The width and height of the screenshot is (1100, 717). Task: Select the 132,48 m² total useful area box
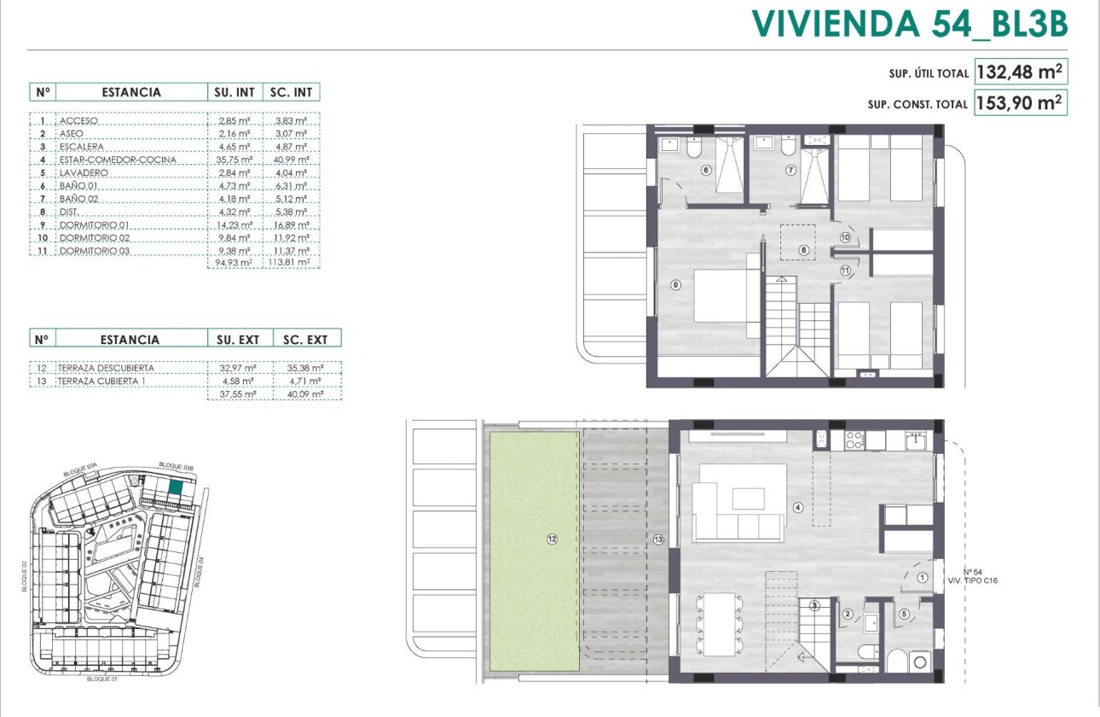1021,72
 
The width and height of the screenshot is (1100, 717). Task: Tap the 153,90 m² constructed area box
1021,103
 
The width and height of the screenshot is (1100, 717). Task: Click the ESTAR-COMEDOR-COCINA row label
118,160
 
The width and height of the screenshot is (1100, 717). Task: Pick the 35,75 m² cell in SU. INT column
234,160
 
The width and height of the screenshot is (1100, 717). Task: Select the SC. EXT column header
305,339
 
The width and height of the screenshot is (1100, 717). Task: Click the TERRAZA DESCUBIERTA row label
108,368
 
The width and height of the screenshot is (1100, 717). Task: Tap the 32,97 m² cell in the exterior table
234,368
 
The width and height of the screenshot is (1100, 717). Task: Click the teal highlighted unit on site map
176,488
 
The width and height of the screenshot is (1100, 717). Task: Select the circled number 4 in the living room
798,507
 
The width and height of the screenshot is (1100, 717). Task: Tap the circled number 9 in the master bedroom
675,285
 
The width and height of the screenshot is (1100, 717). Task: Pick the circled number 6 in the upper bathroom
705,170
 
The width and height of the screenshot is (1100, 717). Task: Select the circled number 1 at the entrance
923,578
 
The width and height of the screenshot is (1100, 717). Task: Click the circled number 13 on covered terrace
657,539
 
